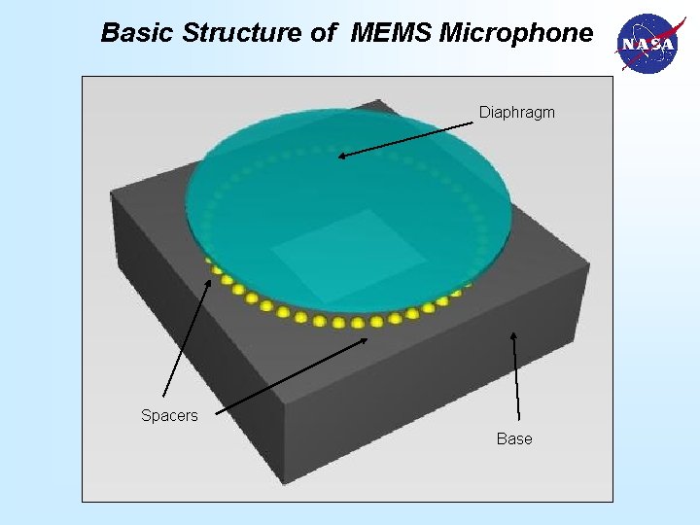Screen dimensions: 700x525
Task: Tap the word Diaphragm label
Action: coord(516,113)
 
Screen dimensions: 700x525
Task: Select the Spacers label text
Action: coord(169,416)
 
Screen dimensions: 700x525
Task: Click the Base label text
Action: coord(514,439)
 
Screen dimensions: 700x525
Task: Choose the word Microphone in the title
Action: coord(515,33)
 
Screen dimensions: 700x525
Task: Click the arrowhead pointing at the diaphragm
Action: coord(342,154)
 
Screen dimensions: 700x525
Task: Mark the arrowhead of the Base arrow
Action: coord(514,335)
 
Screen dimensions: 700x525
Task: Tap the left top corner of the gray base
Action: coord(111,192)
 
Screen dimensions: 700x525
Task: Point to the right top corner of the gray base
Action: coord(588,262)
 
